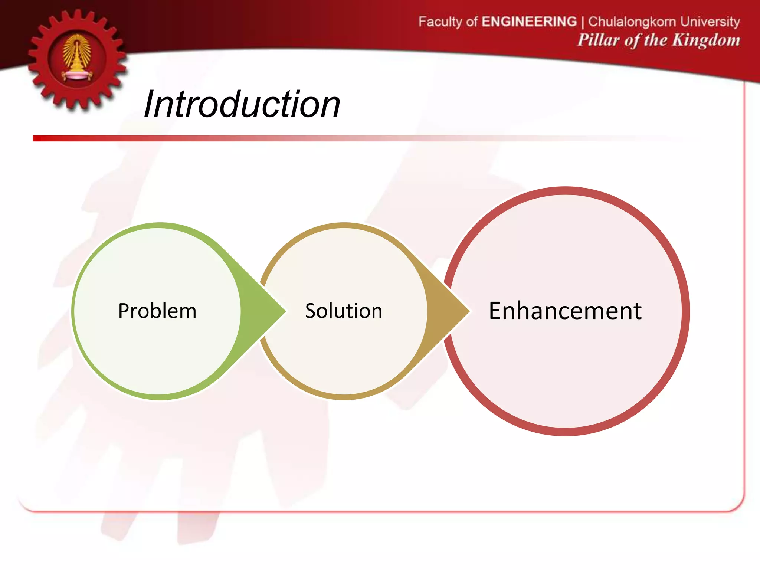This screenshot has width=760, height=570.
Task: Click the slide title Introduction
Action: [242, 105]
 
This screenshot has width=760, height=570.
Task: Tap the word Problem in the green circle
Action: [157, 311]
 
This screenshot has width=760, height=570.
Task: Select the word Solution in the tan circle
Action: [344, 311]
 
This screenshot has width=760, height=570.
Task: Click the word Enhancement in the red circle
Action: [565, 311]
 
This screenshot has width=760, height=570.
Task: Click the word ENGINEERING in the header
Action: [529, 22]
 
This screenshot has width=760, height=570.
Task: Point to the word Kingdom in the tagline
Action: [706, 40]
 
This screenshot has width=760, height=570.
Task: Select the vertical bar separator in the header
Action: [583, 22]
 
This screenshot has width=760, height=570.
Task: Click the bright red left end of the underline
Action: [37, 138]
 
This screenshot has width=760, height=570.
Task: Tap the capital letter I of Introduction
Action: [149, 105]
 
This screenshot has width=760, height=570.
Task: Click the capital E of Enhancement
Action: [497, 311]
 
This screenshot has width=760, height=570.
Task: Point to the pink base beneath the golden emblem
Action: [77, 76]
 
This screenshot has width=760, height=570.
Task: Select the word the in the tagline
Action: [656, 40]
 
